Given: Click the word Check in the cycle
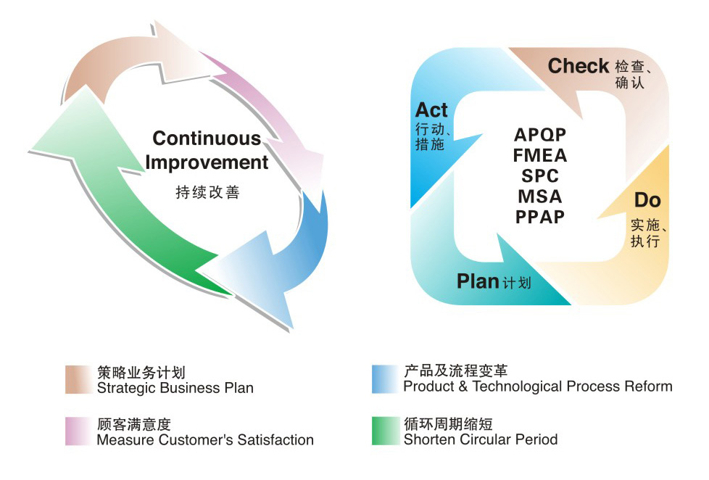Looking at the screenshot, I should click(x=578, y=66).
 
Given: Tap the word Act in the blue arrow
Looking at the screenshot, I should click(x=431, y=110).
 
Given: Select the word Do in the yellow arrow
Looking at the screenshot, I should click(x=647, y=200).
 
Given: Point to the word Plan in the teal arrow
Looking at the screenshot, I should click(x=478, y=281).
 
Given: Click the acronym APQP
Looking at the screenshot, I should click(x=540, y=135).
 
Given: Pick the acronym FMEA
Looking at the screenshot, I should click(x=540, y=155).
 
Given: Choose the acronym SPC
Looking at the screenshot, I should click(x=540, y=175).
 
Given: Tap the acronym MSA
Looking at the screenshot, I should click(x=540, y=196).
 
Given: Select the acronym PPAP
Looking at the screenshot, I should click(x=540, y=216).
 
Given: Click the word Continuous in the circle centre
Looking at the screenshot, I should click(x=207, y=138).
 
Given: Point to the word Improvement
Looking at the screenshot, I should click(x=207, y=162).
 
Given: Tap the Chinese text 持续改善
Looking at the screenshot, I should click(x=207, y=193).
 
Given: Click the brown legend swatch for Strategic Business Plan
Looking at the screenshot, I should click(x=77, y=380).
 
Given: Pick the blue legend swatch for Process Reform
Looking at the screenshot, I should click(x=383, y=379).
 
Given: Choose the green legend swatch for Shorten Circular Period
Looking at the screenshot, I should click(x=383, y=431).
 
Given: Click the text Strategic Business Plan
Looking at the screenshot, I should click(x=175, y=388).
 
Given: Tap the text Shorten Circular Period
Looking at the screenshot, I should click(x=481, y=439).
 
